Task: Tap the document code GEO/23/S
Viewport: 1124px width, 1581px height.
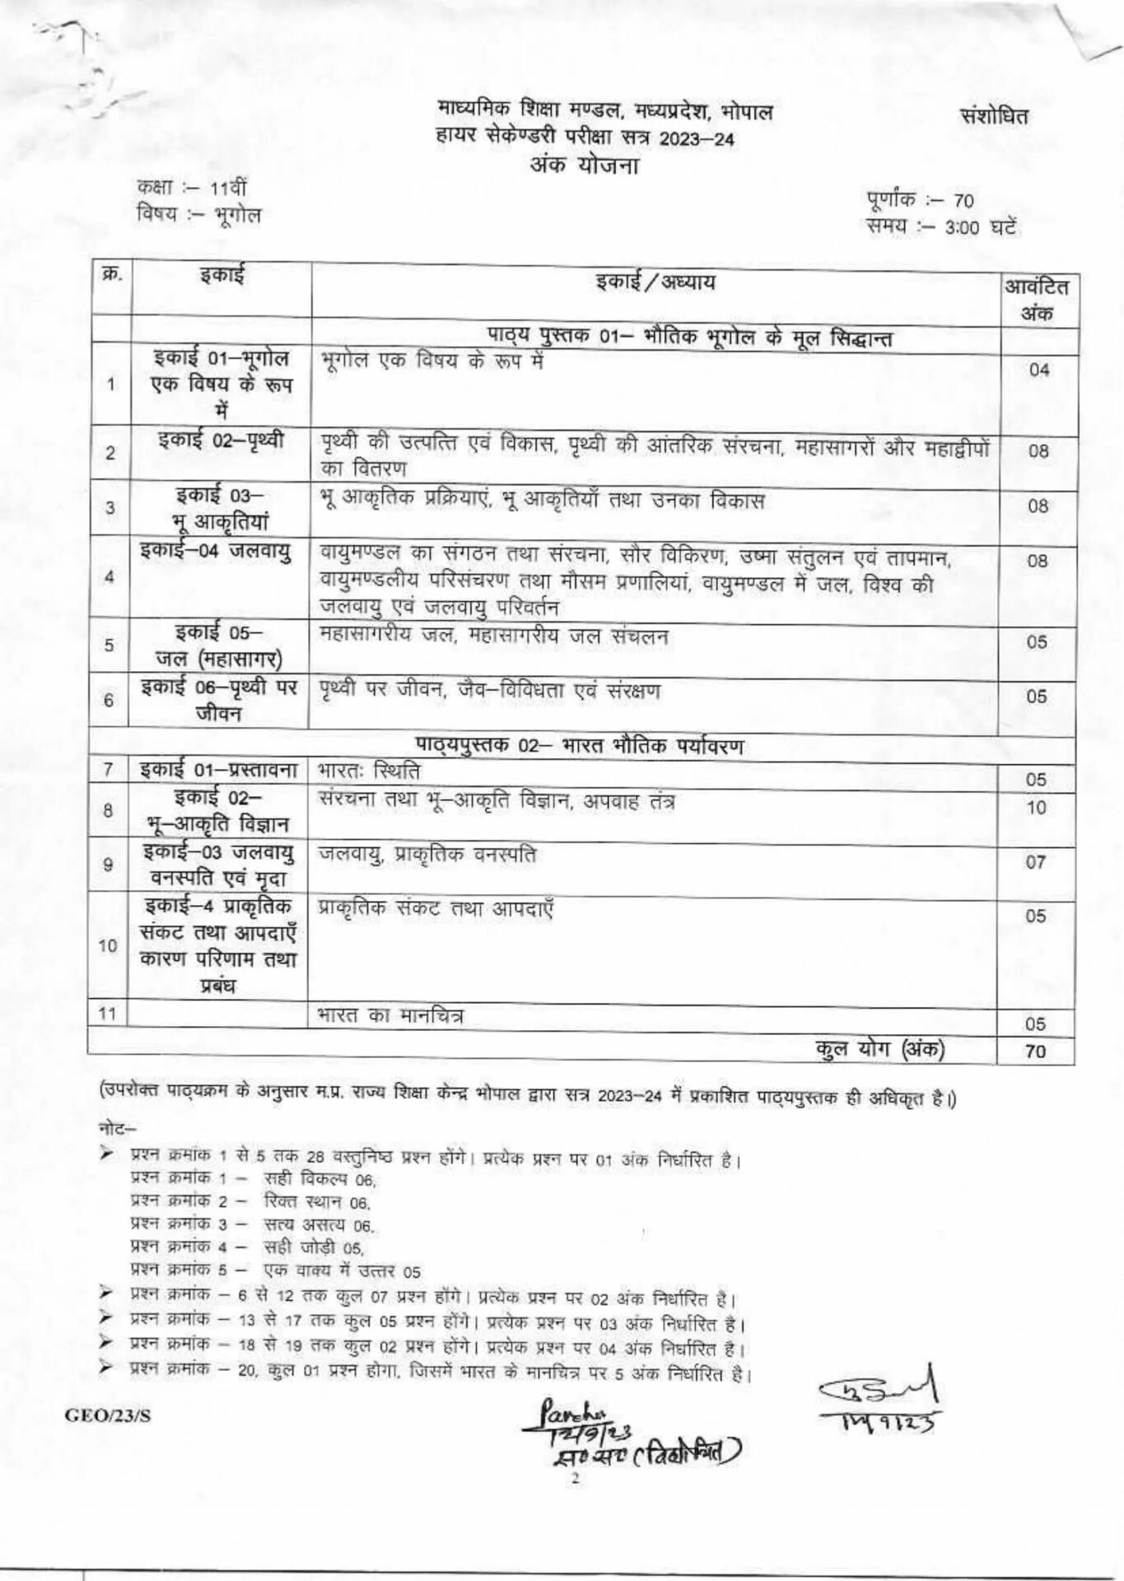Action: tap(103, 1415)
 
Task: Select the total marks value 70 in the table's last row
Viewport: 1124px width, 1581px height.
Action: tap(1036, 1052)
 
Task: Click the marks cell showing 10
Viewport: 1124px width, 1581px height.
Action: tap(1036, 808)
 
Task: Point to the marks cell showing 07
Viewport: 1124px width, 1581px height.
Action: tap(1036, 862)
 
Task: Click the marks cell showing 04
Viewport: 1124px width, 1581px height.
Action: tap(1038, 370)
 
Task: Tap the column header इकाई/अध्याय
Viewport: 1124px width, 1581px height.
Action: tap(655, 282)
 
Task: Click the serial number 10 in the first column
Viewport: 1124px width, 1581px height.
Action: tap(108, 945)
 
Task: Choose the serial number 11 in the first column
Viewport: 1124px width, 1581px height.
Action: tap(106, 1013)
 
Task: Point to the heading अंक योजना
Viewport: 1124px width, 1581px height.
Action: tap(585, 165)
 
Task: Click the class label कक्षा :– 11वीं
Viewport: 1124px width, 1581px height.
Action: tap(186, 189)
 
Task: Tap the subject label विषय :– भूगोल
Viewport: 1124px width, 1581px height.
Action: tap(198, 215)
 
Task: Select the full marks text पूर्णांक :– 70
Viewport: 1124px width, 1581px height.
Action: tap(920, 200)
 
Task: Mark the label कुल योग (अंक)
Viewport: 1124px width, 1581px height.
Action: tap(879, 1048)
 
